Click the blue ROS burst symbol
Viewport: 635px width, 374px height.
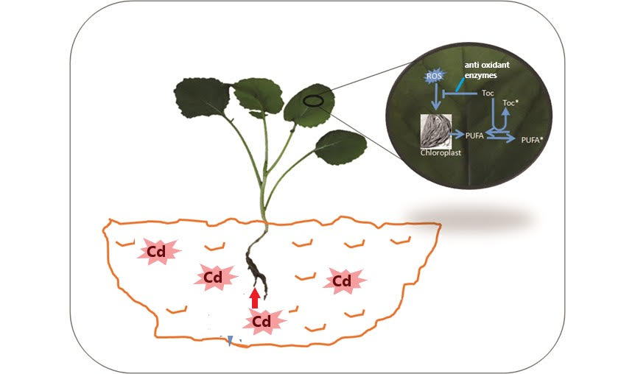pos(434,76)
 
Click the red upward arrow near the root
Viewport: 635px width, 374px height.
pos(254,298)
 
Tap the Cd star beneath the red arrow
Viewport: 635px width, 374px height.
pos(262,321)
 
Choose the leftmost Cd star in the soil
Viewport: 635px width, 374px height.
pos(157,253)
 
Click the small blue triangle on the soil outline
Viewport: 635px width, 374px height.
pos(230,340)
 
